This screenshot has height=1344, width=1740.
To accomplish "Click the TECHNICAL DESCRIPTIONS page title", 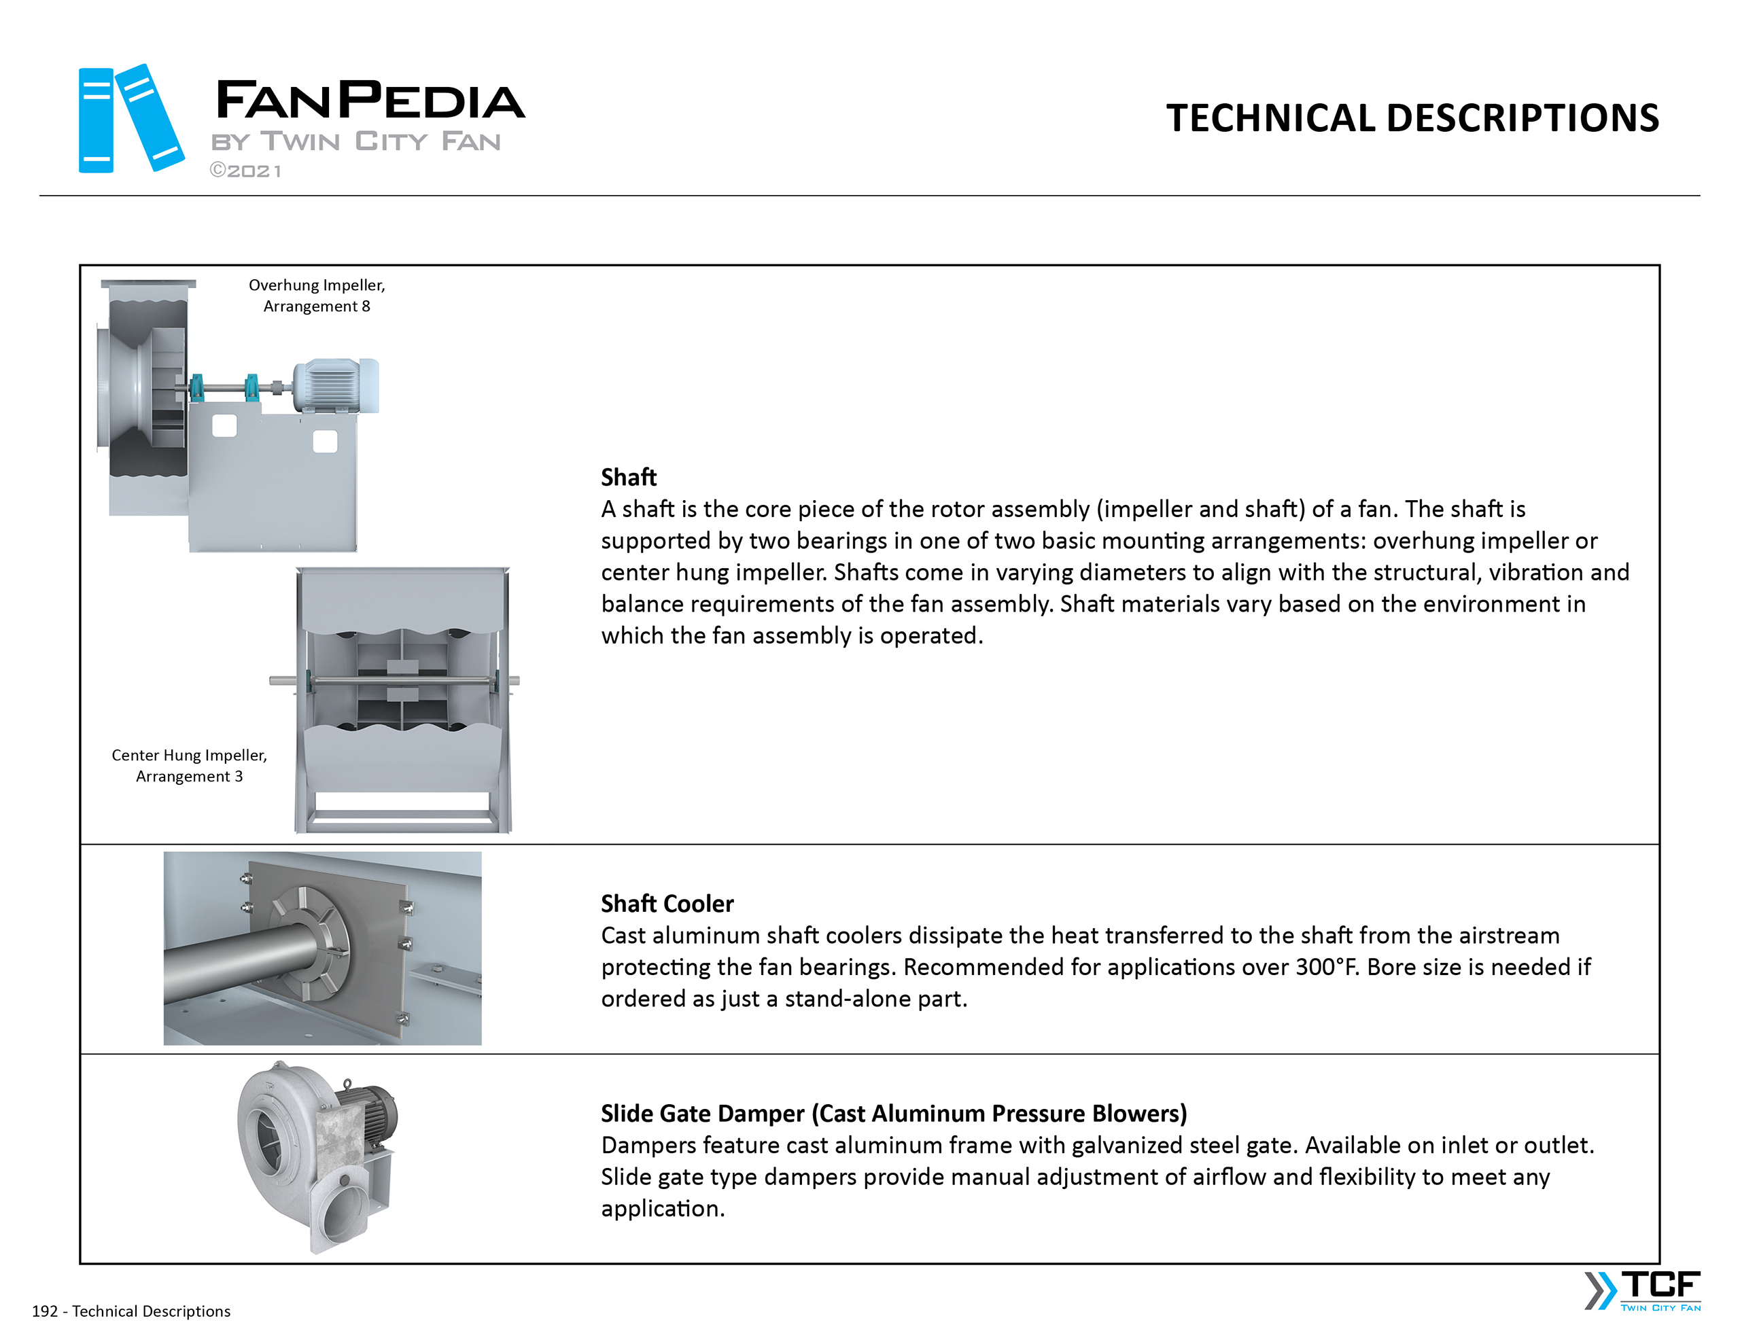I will tap(1412, 118).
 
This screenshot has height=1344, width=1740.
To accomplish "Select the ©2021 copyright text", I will tap(245, 171).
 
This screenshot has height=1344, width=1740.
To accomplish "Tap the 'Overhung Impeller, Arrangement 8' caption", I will tap(316, 296).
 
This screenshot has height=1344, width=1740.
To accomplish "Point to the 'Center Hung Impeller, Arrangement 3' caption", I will tap(189, 766).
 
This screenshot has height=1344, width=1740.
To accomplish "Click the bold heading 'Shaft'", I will tap(629, 477).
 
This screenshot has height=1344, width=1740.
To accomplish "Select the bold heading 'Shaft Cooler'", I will tap(667, 904).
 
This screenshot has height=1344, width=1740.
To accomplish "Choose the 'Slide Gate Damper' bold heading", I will tap(893, 1113).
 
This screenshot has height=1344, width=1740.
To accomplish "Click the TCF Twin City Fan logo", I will tap(1643, 1290).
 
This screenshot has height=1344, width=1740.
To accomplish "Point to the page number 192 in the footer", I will tap(45, 1311).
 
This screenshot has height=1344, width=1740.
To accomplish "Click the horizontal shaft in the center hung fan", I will tap(398, 680).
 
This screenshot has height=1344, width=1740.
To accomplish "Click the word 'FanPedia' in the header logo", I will tap(370, 101).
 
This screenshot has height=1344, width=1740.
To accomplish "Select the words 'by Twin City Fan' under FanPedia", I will tap(356, 142).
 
